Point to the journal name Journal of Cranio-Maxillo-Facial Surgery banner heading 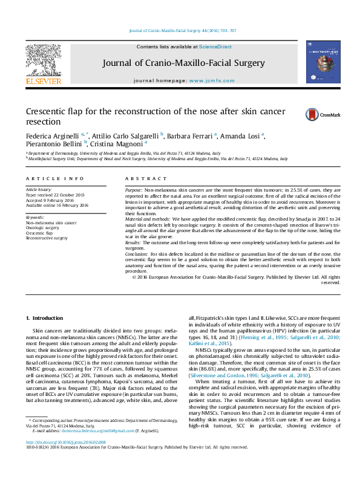click(x=183, y=63)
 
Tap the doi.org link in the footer click(x=62, y=442)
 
